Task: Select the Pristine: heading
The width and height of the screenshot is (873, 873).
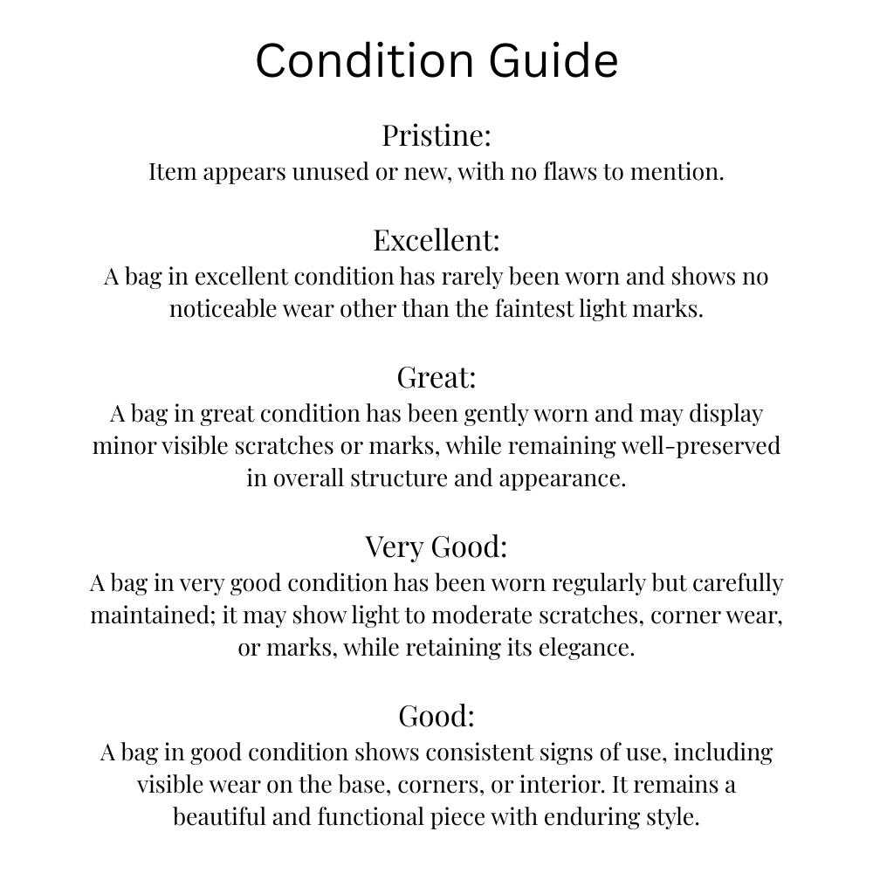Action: [436, 135]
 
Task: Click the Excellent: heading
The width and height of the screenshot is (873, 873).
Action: [436, 239]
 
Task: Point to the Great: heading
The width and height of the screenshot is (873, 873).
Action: [436, 377]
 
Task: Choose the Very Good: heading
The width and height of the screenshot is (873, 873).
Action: [436, 546]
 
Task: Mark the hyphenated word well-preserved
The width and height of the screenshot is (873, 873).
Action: [700, 445]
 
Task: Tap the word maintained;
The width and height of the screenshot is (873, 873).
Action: [154, 615]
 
